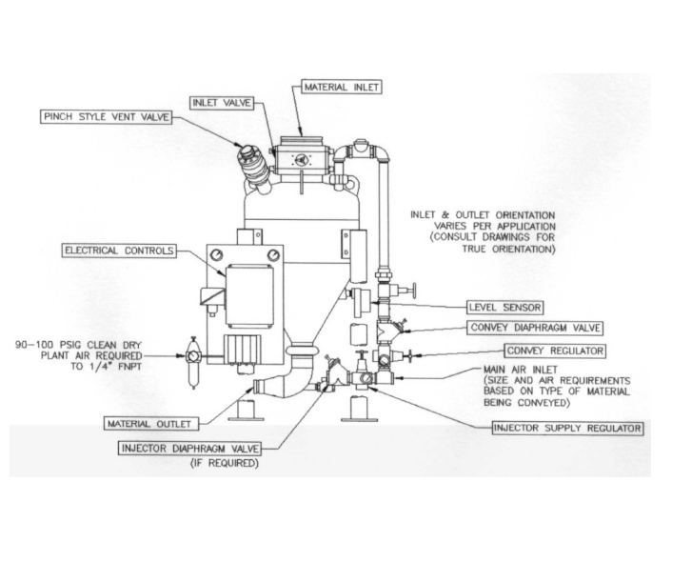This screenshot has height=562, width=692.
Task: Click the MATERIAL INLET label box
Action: tap(341, 87)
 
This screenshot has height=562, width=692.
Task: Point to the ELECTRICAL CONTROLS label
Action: tap(119, 251)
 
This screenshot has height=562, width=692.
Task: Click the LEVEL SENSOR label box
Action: tap(504, 308)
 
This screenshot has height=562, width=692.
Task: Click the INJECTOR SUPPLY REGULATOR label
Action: tap(566, 428)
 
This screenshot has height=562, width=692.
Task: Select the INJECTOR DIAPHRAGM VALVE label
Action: tap(201, 448)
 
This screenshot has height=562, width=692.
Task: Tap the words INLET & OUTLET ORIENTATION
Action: tap(483, 215)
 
